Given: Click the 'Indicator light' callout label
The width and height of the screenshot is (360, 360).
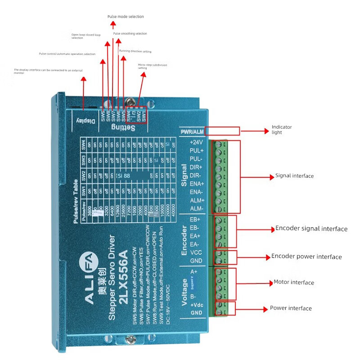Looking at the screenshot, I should pos(282,130).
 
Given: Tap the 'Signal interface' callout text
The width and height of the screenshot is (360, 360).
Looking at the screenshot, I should pos(294,176).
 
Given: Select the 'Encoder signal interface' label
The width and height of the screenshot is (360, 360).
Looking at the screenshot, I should pos(311,229).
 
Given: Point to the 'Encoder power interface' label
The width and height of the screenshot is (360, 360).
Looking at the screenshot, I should pos(306,256).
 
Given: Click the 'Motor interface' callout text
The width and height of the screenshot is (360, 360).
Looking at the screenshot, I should pos(294,283).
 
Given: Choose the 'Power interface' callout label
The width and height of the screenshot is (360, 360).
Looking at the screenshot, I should pos(291,308).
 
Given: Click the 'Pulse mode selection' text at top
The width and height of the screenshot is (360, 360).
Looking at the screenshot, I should pos(126,17).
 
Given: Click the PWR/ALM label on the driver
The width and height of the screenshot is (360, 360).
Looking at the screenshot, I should pos(192,132).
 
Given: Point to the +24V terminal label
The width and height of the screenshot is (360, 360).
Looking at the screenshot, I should pos(197,142).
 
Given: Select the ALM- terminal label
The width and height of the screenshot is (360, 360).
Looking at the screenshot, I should pos(197,209).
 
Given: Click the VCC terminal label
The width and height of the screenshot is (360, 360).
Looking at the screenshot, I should pos(196,252).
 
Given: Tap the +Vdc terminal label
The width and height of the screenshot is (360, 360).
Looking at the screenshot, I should pos(196,305).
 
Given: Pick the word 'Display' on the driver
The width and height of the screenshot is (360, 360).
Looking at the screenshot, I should pos(85,121).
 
